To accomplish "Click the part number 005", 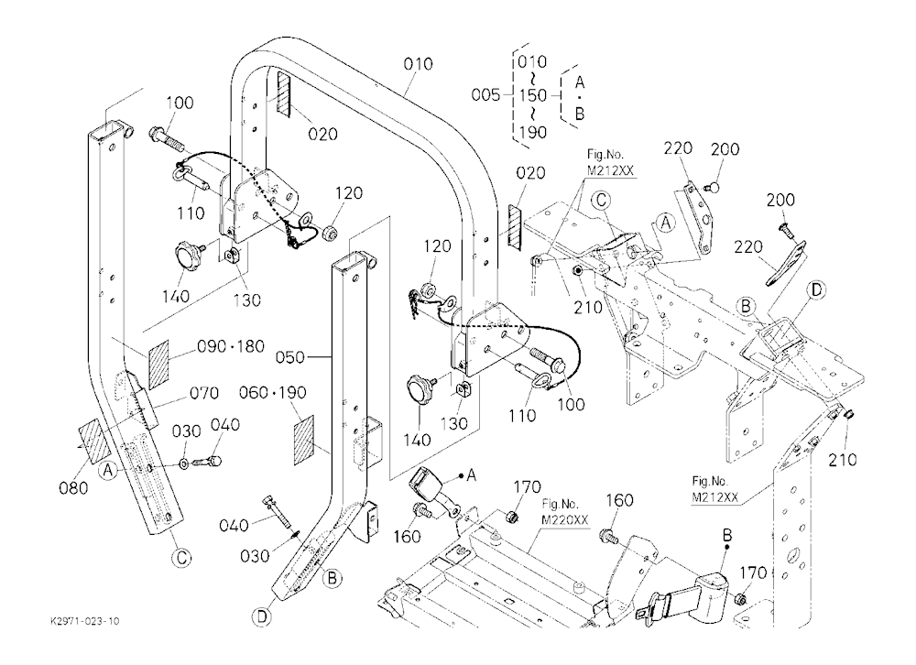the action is [485, 94].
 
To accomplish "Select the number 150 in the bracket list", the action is [532, 95].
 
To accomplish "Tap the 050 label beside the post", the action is [290, 357].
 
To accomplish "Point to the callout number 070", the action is [204, 393].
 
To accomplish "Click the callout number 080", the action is [73, 487].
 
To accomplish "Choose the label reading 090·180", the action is [231, 346].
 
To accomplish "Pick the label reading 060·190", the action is [273, 392].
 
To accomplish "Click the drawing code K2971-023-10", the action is [84, 621].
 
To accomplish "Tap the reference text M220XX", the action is [565, 520].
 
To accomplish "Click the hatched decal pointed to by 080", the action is [94, 442].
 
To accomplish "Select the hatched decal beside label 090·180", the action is [158, 365].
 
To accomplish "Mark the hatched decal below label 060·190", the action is [304, 440].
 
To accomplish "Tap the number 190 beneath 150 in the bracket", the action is [532, 132].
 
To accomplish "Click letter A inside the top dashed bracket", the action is [580, 82].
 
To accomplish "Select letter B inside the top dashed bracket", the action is [580, 113].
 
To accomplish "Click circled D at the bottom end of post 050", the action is [262, 616].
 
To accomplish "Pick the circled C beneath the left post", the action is [181, 558].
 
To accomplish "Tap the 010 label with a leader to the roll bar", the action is [419, 64].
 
